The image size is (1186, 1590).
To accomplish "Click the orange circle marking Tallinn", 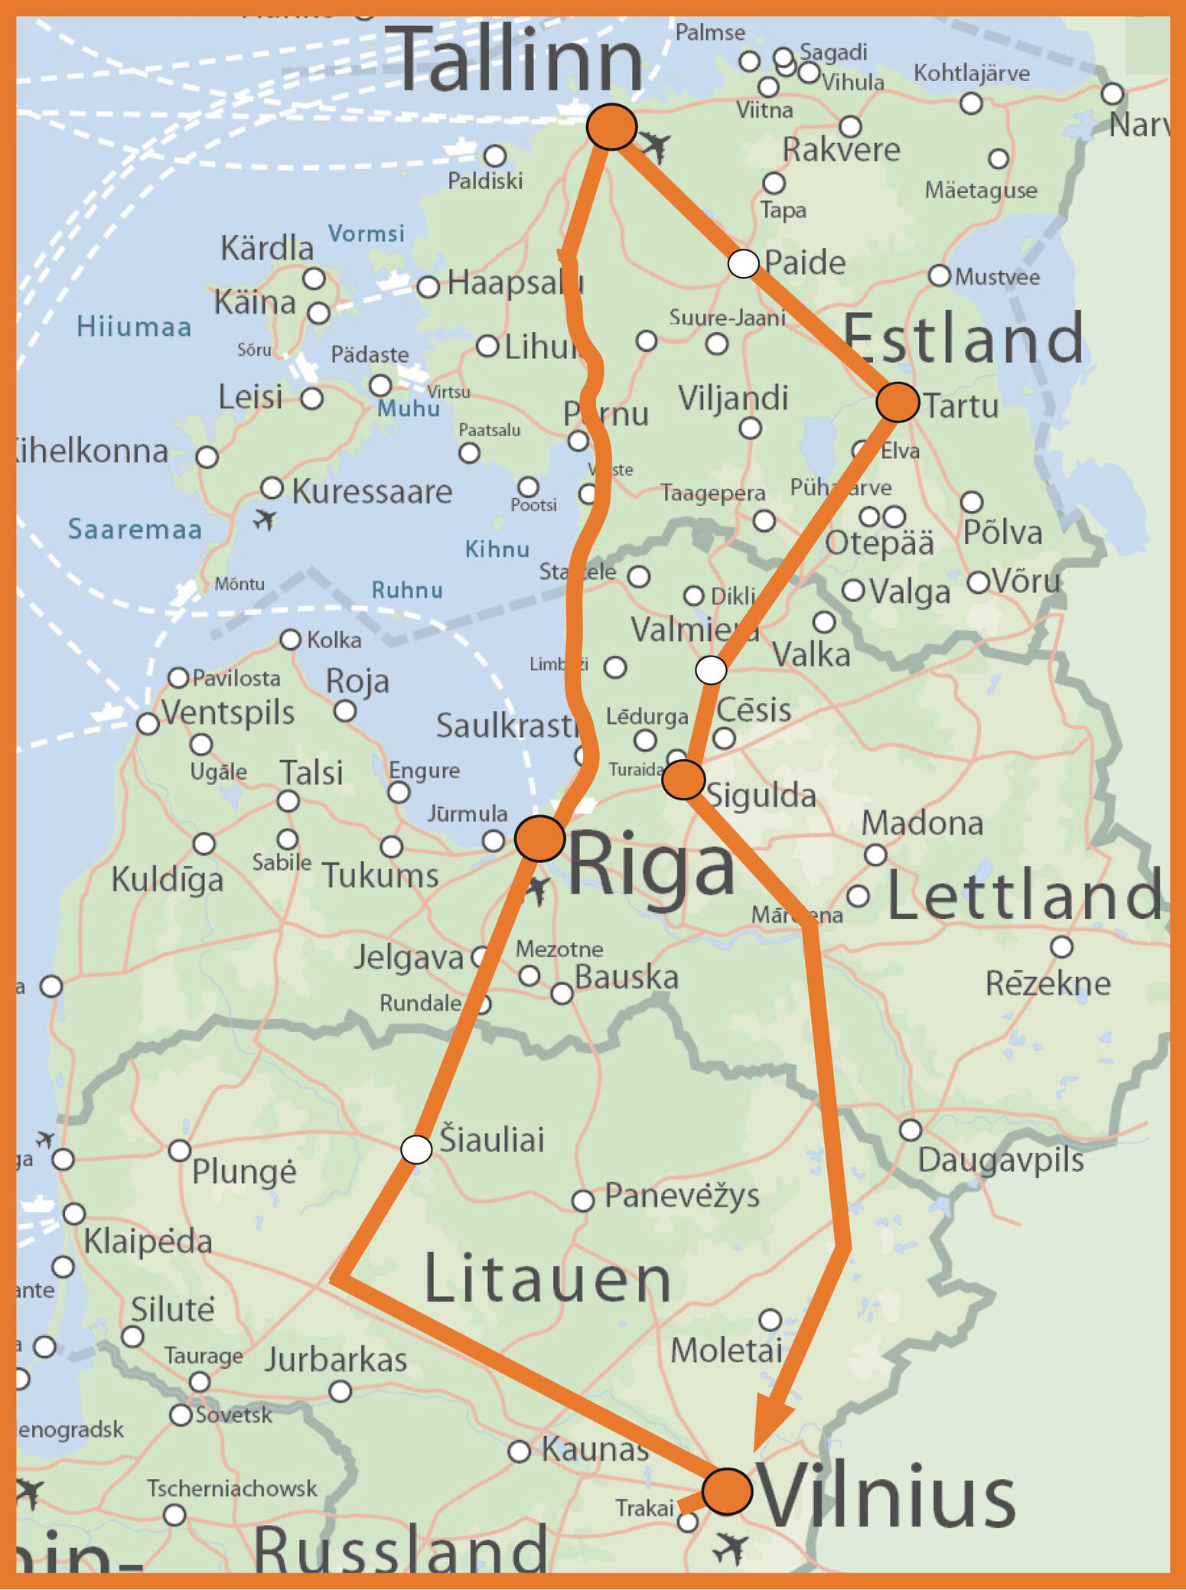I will click(x=611, y=126).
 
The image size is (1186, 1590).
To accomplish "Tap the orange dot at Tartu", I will click(x=897, y=402).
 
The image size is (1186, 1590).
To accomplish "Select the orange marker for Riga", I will click(x=539, y=839).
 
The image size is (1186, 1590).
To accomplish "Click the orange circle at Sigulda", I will click(x=683, y=780).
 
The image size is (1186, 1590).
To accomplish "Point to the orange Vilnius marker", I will click(x=726, y=1491).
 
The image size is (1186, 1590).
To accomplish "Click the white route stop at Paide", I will click(x=743, y=263).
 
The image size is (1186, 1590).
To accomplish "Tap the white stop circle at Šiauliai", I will click(x=416, y=1149).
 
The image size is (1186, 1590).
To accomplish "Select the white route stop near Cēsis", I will click(x=711, y=670).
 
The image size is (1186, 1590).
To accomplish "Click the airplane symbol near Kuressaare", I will click(x=265, y=520).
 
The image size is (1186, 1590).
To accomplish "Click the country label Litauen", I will click(x=547, y=1279).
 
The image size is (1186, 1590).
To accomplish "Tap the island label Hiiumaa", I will click(x=134, y=327).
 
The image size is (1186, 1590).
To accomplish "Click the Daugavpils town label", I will click(x=1000, y=1160).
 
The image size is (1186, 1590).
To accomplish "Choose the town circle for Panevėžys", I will click(x=583, y=1201).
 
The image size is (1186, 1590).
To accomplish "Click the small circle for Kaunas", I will click(x=519, y=1451).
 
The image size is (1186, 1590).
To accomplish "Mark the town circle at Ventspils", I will click(x=148, y=723).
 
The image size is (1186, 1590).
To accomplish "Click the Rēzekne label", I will click(x=1048, y=983).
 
